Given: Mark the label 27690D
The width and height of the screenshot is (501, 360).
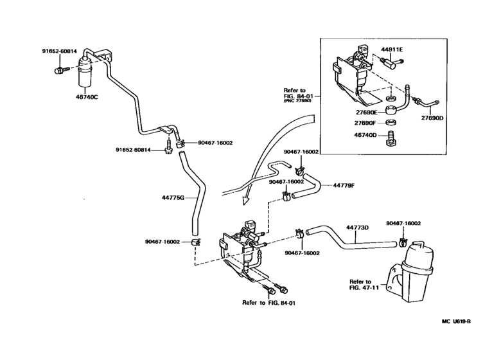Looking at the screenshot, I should tap(432, 118).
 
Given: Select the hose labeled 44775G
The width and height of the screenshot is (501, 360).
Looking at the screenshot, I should tap(191, 193).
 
